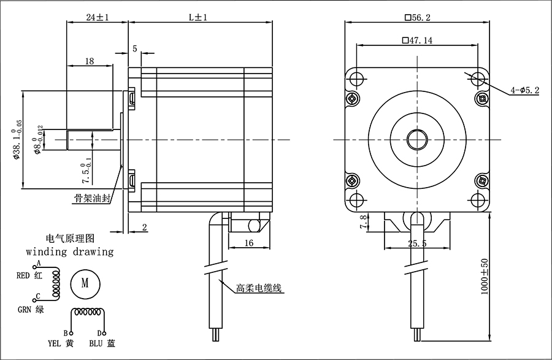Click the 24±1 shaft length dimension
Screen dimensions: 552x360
[x=98, y=17]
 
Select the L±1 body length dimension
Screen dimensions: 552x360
[x=198, y=17]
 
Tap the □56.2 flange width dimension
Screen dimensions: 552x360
[x=418, y=17]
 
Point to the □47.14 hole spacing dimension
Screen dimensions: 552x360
[x=417, y=40]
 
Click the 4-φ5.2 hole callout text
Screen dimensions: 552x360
[x=525, y=90]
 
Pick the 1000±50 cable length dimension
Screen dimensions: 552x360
[x=485, y=277]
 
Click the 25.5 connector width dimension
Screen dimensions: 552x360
[x=417, y=243]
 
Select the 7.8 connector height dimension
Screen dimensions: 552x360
[x=364, y=221]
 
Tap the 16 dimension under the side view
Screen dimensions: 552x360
[x=248, y=243]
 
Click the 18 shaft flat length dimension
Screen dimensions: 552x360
[x=90, y=61]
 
